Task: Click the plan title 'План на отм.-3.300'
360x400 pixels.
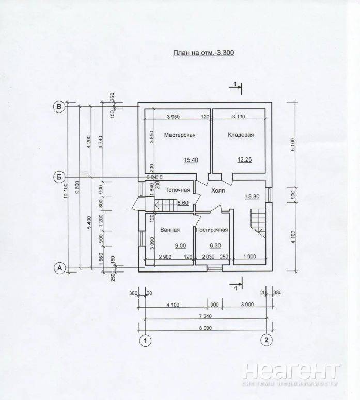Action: click(x=204, y=53)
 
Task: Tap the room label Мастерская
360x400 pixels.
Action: click(x=180, y=135)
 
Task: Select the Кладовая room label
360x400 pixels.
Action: click(x=241, y=135)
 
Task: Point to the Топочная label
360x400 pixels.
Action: click(x=178, y=190)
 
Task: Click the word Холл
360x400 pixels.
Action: click(x=218, y=190)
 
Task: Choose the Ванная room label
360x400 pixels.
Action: click(x=170, y=230)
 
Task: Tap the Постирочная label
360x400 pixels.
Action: click(x=212, y=230)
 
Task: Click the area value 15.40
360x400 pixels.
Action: click(x=191, y=160)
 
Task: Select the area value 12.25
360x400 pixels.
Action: click(x=244, y=159)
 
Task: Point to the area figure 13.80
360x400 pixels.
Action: click(x=252, y=197)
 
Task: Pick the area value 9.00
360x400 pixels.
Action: click(x=180, y=246)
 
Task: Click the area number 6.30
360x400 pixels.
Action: click(x=215, y=246)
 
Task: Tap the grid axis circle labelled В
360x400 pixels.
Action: click(x=59, y=107)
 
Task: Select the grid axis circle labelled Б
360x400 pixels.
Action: click(x=59, y=177)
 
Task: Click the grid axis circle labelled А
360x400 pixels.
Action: click(x=60, y=268)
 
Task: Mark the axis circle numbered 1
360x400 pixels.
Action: click(x=146, y=340)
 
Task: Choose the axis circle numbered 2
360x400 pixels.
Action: click(x=267, y=340)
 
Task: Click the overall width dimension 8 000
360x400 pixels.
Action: click(x=205, y=328)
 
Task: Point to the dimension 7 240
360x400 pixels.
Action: click(x=205, y=316)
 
